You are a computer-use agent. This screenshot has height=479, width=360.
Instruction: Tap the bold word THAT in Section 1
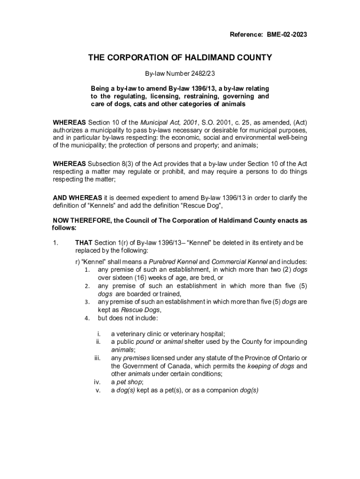click(84, 243)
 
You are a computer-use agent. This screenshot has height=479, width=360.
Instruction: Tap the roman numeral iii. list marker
click(98, 358)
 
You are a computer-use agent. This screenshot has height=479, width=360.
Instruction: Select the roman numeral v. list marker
click(98, 390)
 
